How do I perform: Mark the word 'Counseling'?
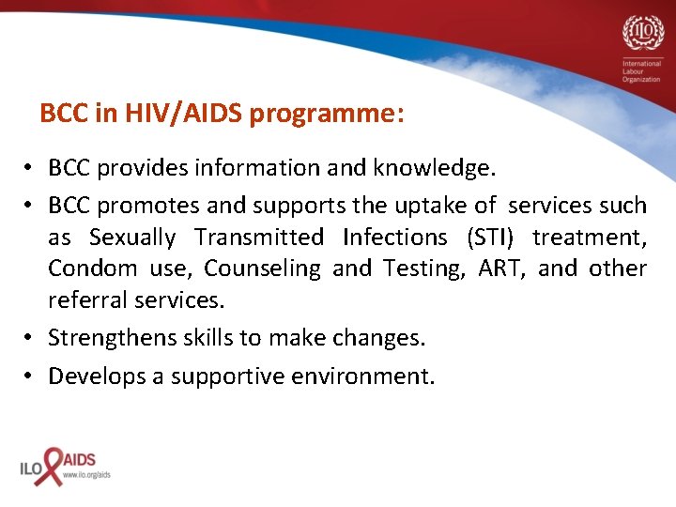262,269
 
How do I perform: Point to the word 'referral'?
86,300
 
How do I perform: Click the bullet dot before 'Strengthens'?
30,338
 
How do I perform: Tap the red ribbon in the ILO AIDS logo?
50,465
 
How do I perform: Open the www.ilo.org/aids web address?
86,475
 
